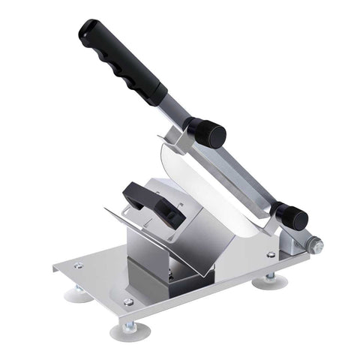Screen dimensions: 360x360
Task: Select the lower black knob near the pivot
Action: (290, 216)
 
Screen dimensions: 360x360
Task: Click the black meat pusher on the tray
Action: (154, 203)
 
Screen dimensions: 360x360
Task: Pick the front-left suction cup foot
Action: (78, 293)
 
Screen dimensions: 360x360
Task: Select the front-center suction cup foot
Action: (126, 329)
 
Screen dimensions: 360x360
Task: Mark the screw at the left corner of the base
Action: (77, 265)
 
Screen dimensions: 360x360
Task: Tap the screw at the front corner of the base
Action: (128, 301)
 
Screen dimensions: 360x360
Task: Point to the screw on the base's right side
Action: (271, 255)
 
